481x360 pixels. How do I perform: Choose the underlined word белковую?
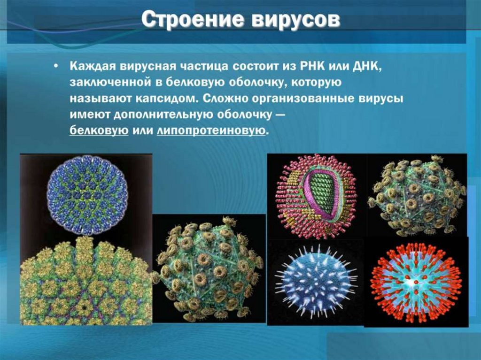tap(100, 131)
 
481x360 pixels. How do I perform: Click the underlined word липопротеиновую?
tap(211, 131)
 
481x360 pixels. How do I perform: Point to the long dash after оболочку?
tap(279, 115)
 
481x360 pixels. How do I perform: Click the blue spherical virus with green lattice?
tap(87, 196)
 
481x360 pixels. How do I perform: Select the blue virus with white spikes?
tap(315, 281)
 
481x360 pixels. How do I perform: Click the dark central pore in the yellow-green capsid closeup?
tap(85, 308)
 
